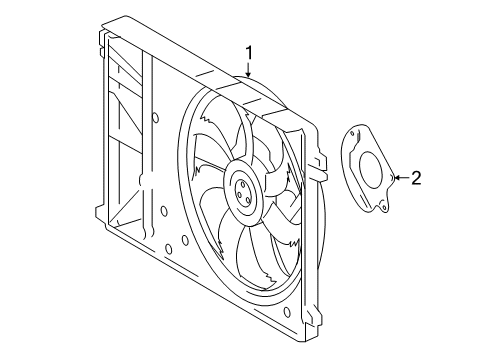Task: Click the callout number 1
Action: point(249,53)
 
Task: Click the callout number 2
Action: point(416,179)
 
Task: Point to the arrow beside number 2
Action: point(401,179)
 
